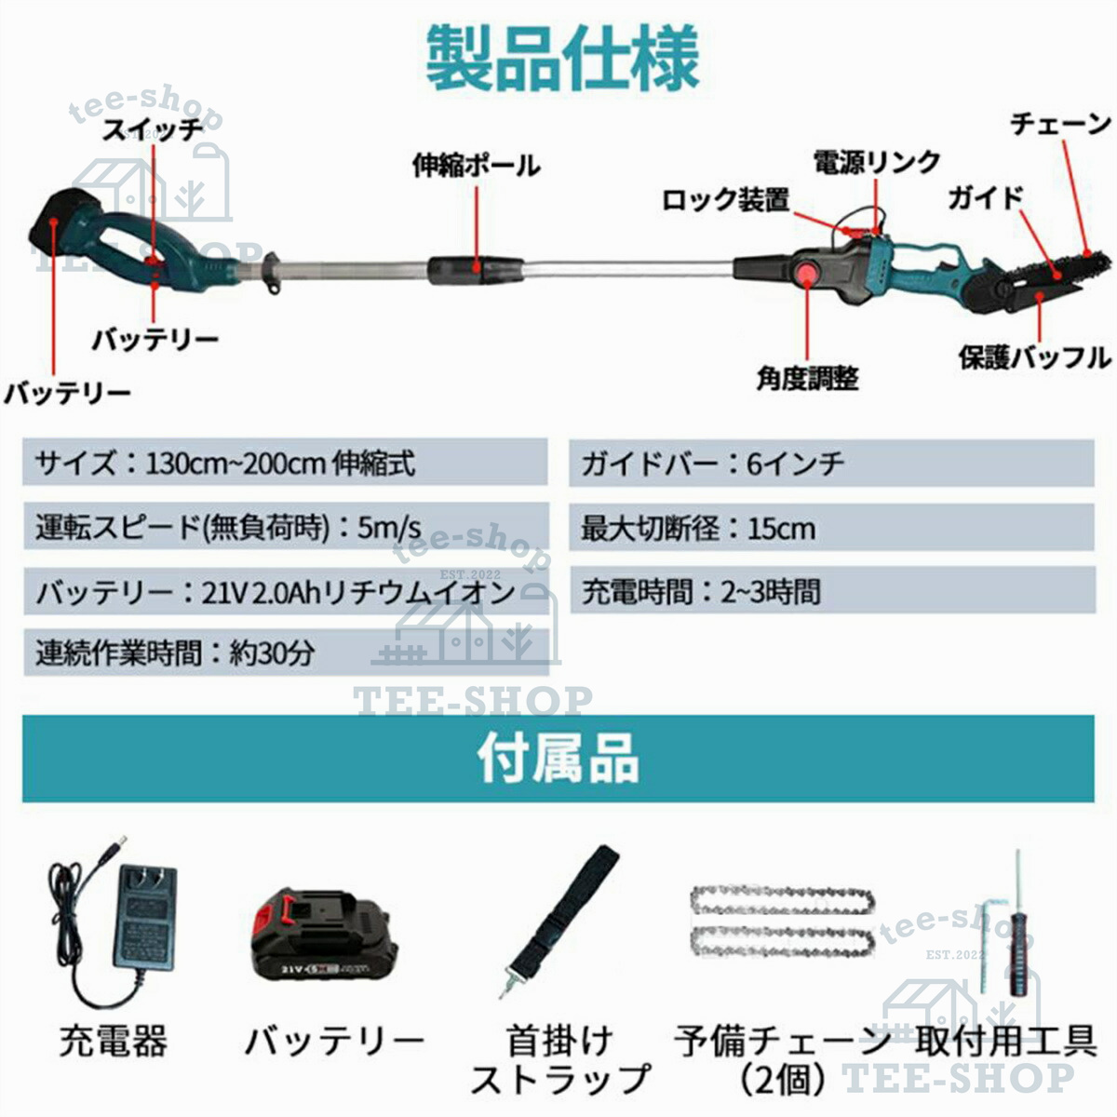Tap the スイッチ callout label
tap(152, 129)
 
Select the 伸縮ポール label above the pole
tap(477, 166)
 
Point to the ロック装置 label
tap(725, 200)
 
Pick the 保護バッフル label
tap(1035, 357)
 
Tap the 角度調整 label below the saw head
tap(807, 379)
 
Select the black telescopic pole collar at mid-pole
tap(476, 270)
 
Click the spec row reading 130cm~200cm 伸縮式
tap(285, 462)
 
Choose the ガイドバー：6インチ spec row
tap(832, 463)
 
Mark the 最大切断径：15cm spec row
tap(832, 528)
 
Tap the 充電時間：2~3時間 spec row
tap(832, 590)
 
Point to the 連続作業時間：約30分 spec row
tap(287, 653)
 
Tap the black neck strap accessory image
tap(560, 920)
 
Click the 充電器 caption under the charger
tap(114, 1041)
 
